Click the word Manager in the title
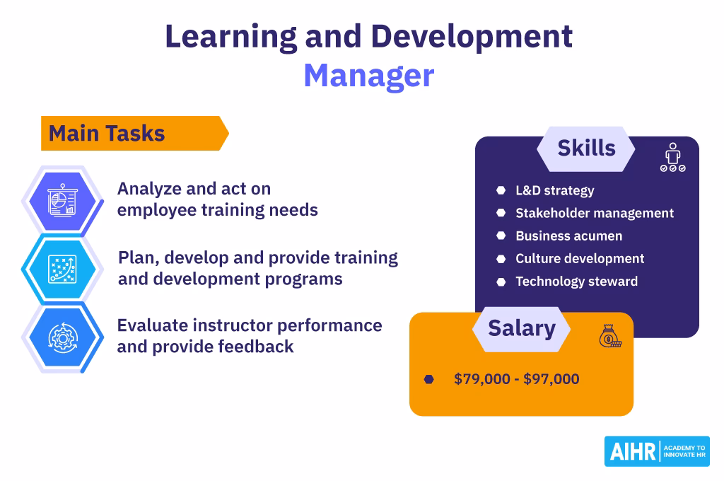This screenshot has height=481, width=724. pos(369,75)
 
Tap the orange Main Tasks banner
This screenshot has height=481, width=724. pos(135,133)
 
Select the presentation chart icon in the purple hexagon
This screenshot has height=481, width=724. pos(62,200)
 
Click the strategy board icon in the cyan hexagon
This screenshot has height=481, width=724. pos(62,269)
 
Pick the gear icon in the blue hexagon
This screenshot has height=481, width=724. pos(63,338)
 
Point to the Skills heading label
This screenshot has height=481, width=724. pos(586,149)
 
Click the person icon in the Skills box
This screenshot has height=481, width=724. pos(673,157)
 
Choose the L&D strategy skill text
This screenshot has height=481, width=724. pos(554,190)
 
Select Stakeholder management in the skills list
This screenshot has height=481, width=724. pos(595,213)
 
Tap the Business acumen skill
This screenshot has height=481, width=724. pos(569,236)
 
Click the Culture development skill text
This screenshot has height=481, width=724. pos(580,258)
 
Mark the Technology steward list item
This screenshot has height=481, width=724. pos(577,282)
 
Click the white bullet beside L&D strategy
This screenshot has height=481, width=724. pos(501,190)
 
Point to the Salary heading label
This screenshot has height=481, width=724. pos(522,328)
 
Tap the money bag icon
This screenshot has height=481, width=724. pos(610,336)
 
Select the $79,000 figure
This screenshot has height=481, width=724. pos(482,379)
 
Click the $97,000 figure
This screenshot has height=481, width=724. pos(551,379)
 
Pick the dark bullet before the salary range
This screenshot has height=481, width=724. pos(429,379)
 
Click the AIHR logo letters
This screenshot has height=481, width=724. pos(633,451)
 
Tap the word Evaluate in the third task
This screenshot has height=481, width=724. pos(153,325)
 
